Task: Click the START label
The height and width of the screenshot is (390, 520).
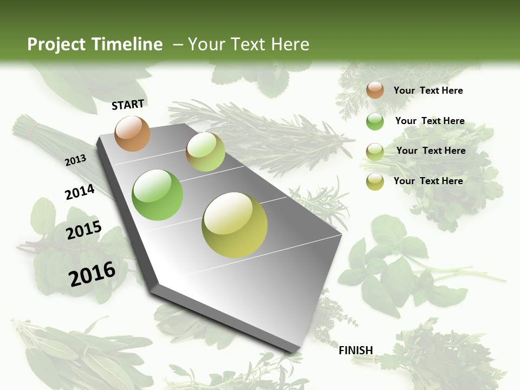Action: point(128,104)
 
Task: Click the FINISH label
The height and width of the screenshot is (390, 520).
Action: point(355,350)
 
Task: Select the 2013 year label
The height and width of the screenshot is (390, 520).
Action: point(75,160)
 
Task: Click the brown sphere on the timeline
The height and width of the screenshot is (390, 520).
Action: point(132,133)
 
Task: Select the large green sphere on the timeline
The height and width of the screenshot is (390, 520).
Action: point(157,195)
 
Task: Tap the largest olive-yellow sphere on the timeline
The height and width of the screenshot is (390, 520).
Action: point(235,225)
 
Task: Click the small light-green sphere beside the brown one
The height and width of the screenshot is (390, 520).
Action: point(205,152)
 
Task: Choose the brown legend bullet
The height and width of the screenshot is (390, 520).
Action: point(375,90)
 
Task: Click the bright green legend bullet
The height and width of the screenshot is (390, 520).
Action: point(375,121)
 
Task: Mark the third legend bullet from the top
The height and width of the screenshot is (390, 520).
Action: point(375,151)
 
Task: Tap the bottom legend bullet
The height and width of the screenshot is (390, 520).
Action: point(375,181)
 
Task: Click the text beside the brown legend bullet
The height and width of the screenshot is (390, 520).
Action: point(428,90)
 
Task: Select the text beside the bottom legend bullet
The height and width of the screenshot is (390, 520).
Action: point(428,181)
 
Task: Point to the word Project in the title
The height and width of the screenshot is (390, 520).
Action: point(56,44)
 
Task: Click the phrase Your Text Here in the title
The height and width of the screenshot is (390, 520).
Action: point(249,44)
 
